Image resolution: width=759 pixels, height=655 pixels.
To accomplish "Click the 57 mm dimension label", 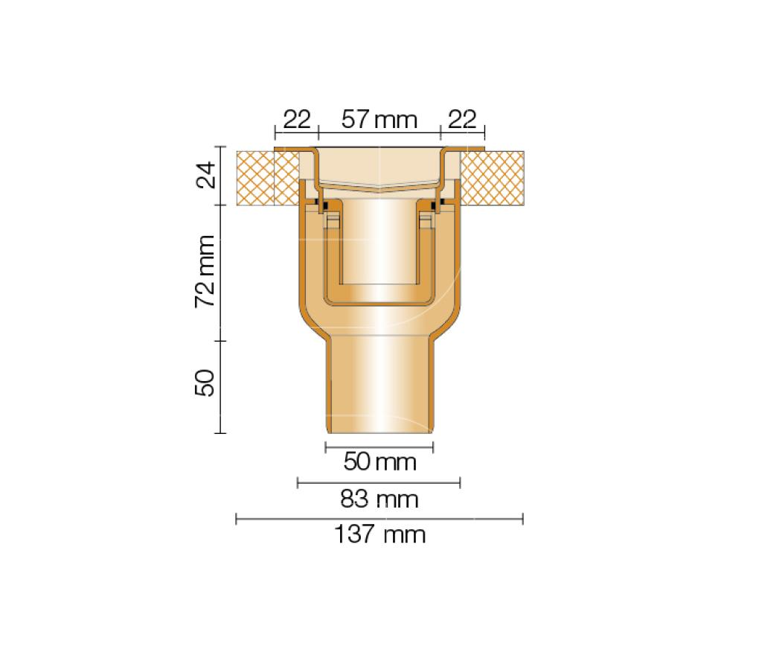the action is (379, 119).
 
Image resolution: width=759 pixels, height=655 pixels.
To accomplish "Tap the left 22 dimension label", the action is (296, 119).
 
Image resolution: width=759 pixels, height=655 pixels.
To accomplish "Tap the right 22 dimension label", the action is (462, 119).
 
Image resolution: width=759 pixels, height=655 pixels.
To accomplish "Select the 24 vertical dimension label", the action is (205, 175).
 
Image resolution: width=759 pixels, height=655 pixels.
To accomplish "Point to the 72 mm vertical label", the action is (205, 271).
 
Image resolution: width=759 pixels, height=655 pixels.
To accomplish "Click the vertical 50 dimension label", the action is (205, 383).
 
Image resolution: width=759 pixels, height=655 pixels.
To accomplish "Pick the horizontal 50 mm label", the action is (380, 461).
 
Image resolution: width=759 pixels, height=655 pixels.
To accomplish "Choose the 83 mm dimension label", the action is (379, 499).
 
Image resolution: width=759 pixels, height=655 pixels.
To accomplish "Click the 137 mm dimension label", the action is (380, 534).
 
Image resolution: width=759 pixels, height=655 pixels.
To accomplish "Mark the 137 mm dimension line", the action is (379, 520).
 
